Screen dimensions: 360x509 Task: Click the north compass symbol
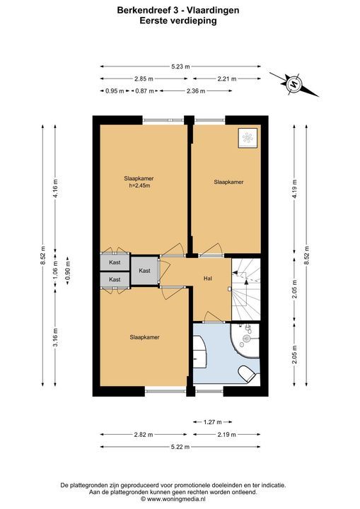tap(294, 84)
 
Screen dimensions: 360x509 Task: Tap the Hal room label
tap(208, 279)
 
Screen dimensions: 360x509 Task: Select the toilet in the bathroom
tap(248, 373)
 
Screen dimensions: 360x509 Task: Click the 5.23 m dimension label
tap(180, 66)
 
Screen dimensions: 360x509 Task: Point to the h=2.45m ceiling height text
tap(139, 186)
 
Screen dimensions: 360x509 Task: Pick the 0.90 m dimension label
tap(68, 270)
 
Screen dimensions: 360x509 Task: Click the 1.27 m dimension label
tap(212, 422)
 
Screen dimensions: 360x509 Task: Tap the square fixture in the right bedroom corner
tap(248, 138)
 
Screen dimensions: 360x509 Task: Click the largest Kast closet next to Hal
tap(144, 271)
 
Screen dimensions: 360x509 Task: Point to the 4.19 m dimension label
tap(295, 189)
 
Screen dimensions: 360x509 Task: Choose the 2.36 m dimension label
tap(196, 91)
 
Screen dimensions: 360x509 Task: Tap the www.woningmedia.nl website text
tap(173, 499)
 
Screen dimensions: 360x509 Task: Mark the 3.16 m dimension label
tap(55, 337)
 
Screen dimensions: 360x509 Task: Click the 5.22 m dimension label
tap(180, 447)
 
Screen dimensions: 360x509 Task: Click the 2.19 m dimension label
tap(227, 434)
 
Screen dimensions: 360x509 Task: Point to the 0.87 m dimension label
tap(144, 91)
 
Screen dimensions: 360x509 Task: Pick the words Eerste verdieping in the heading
tap(178, 21)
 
